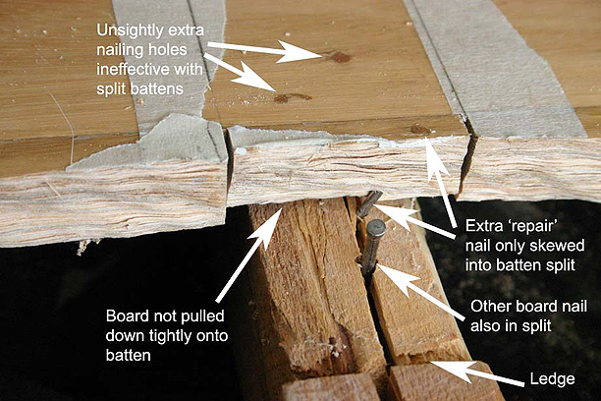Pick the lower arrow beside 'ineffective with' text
coord(241,78)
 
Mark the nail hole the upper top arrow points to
coord(340,57)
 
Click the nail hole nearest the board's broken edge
coord(419,129)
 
